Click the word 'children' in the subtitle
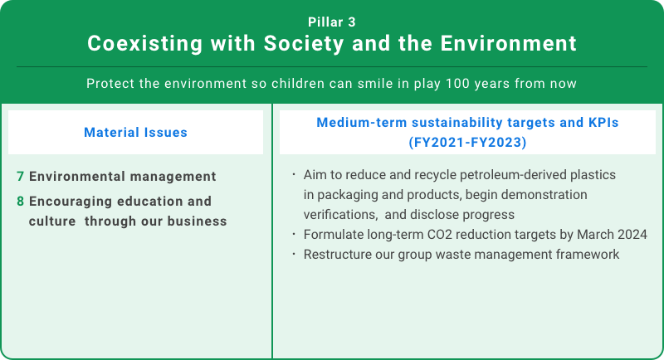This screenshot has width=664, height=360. tap(293, 85)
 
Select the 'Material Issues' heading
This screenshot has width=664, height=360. tap(135, 132)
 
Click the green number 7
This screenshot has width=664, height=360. tap(20, 177)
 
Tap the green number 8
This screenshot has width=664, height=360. tap(20, 201)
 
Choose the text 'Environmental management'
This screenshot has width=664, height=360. tap(122, 177)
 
